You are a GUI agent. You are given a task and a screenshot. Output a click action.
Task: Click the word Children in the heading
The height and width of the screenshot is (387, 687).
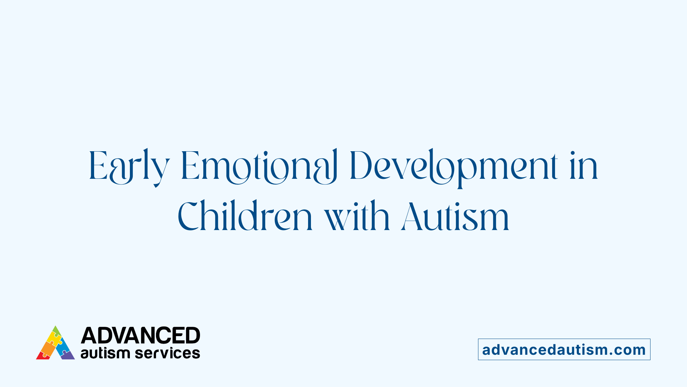[245, 216]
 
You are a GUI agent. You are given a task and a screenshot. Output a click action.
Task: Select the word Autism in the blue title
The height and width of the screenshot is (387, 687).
[455, 216]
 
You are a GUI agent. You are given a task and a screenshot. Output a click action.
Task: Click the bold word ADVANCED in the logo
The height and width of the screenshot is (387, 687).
[140, 336]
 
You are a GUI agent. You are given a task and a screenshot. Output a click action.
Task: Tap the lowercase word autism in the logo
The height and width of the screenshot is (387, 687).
[105, 353]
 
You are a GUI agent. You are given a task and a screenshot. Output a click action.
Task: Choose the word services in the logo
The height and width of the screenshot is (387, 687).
[167, 353]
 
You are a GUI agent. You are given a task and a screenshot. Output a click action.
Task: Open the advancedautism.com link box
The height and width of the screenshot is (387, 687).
[564, 349]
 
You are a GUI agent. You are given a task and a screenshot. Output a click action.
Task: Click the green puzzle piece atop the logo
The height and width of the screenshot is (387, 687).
[56, 330]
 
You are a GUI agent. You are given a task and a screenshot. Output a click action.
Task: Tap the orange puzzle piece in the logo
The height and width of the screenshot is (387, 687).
[48, 347]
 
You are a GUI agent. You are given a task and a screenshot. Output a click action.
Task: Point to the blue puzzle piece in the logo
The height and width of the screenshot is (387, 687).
[63, 345]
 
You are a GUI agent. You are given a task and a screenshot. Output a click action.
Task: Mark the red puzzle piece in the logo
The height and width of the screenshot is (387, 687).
[43, 355]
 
